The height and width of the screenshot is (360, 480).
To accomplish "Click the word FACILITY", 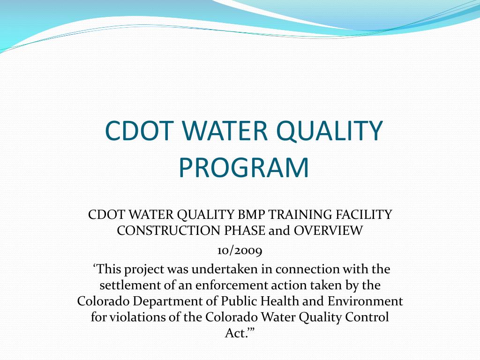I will [x=363, y=215].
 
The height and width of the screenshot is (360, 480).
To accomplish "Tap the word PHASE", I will [x=246, y=231].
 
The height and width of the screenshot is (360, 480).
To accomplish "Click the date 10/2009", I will [x=240, y=250].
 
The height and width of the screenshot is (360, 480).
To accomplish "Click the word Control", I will [x=367, y=317].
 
